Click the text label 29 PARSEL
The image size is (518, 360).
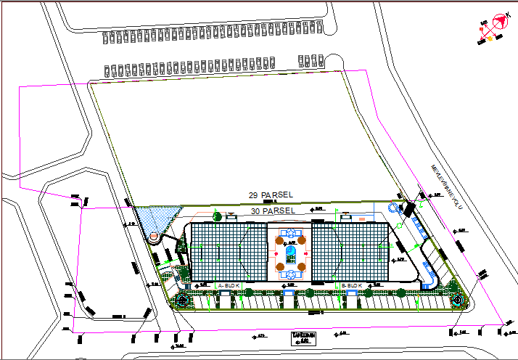(270, 196)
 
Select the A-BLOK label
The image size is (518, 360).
(229, 286)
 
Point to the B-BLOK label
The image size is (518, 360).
(351, 286)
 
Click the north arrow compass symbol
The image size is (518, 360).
(498, 25)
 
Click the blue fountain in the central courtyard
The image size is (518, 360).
(290, 252)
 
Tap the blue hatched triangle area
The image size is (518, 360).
(157, 218)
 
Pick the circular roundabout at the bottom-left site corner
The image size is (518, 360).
(181, 300)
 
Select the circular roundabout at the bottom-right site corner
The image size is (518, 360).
(457, 298)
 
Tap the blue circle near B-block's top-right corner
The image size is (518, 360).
(393, 208)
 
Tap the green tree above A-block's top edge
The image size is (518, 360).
(217, 215)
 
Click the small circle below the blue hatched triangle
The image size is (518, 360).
(154, 237)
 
